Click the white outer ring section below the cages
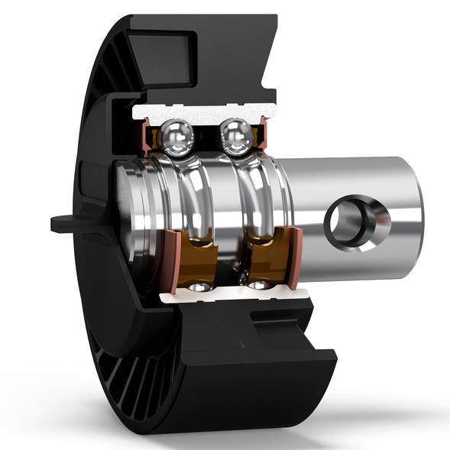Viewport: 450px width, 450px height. (x=229, y=295)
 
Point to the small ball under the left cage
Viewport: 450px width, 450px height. (x=199, y=287)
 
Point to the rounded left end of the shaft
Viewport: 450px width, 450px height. (x=126, y=206)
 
